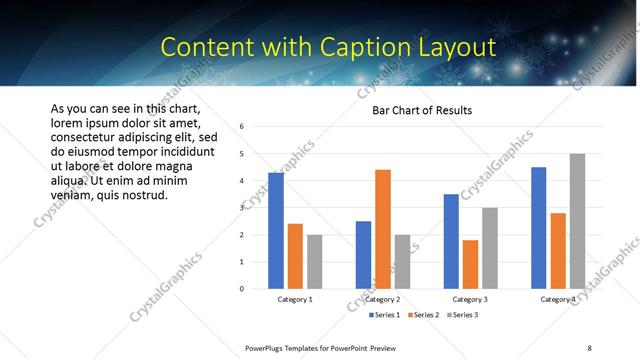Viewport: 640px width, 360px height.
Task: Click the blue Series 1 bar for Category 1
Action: (276, 231)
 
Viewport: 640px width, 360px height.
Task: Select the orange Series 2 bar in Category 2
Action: (383, 229)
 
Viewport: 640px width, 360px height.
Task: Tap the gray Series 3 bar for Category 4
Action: (578, 221)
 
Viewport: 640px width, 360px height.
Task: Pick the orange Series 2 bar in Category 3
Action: (471, 264)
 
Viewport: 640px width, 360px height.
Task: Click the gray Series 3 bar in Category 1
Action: (315, 262)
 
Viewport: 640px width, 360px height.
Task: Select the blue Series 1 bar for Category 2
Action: (363, 255)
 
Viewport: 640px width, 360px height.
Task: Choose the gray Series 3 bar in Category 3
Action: (490, 248)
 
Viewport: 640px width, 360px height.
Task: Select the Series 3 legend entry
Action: (463, 315)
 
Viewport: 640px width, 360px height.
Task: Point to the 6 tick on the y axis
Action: (242, 127)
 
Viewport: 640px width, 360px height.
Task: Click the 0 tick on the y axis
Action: (242, 289)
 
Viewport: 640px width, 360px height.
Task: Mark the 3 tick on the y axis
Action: (242, 208)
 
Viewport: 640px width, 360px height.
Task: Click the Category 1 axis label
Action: (295, 299)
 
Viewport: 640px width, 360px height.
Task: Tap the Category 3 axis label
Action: (470, 299)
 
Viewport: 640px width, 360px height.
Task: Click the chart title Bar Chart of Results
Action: (421, 110)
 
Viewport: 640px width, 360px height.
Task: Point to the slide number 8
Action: (589, 348)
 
